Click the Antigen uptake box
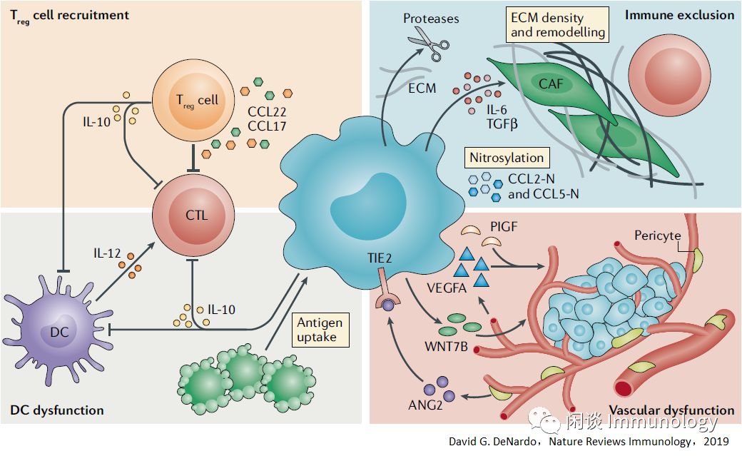coord(320,330)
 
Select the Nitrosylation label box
coord(506,158)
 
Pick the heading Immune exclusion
coord(681,14)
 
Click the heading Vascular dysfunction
coord(671,410)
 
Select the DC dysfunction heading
coord(57,410)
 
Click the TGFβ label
coord(503,123)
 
